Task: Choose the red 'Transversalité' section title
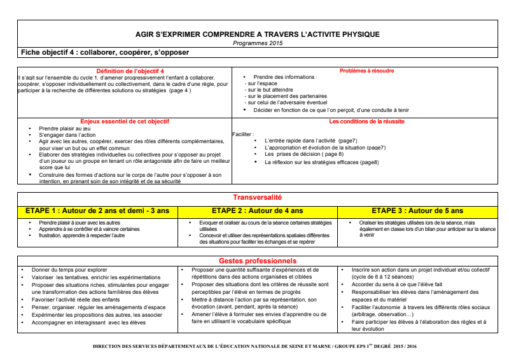pyautogui.click(x=257, y=198)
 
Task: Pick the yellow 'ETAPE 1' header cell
pyautogui.click(x=97, y=211)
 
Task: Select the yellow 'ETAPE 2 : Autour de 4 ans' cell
pyautogui.click(x=257, y=211)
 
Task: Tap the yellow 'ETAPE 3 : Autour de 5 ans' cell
pyautogui.click(x=417, y=211)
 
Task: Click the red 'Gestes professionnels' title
pyautogui.click(x=257, y=261)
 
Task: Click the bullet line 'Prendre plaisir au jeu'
pyautogui.click(x=64, y=128)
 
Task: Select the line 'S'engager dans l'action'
pyautogui.click(x=66, y=135)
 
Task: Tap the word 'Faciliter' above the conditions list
pyautogui.click(x=244, y=134)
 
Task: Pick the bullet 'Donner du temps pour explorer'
pyautogui.click(x=69, y=270)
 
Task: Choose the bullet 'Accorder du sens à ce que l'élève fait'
pyautogui.click(x=397, y=284)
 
